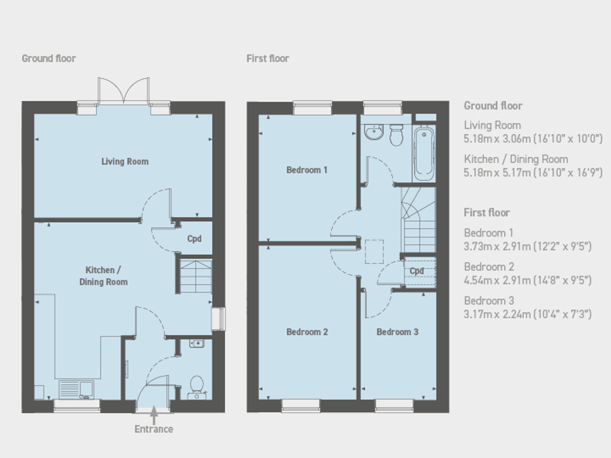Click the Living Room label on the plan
coord(125,161)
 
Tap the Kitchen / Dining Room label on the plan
coord(103,276)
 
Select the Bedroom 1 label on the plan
coord(307,170)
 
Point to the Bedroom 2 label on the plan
coord(307,332)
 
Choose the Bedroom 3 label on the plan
coord(397,332)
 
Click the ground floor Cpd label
coord(194,239)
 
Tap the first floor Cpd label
coord(417,271)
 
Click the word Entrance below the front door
coord(154,429)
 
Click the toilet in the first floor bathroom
coord(396,135)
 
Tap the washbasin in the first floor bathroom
coord(374,132)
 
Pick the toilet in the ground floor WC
coord(197,387)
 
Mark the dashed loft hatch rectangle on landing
coord(374,251)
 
